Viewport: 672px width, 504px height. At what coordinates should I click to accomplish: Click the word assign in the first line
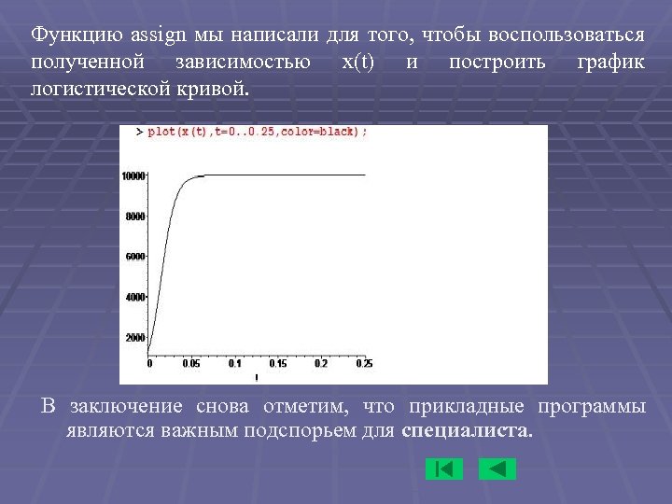pyautogui.click(x=159, y=35)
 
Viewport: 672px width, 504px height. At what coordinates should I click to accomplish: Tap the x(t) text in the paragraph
pyautogui.click(x=359, y=63)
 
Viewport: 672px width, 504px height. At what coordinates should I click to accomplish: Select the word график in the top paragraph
pyautogui.click(x=610, y=63)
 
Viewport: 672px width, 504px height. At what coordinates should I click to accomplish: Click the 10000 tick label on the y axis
pyautogui.click(x=133, y=175)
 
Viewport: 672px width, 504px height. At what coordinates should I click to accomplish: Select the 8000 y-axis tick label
pyautogui.click(x=135, y=216)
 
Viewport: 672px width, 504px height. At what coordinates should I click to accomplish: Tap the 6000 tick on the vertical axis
pyautogui.click(x=135, y=256)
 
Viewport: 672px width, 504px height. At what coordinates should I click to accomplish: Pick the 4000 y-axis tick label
pyautogui.click(x=135, y=297)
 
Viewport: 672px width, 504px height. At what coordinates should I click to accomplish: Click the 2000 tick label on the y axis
pyautogui.click(x=135, y=337)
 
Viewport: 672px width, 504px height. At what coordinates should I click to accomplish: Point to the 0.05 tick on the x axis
pyautogui.click(x=190, y=363)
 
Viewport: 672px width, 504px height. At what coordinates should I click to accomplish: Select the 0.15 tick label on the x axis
pyautogui.click(x=277, y=363)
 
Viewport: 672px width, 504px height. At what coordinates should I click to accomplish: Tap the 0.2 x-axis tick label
pyautogui.click(x=321, y=363)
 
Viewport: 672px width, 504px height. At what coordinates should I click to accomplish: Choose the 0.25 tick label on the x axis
pyautogui.click(x=364, y=363)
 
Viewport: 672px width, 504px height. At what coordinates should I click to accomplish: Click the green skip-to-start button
pyautogui.click(x=443, y=469)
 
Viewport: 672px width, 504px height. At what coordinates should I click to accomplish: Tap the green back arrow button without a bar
pyautogui.click(x=497, y=469)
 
